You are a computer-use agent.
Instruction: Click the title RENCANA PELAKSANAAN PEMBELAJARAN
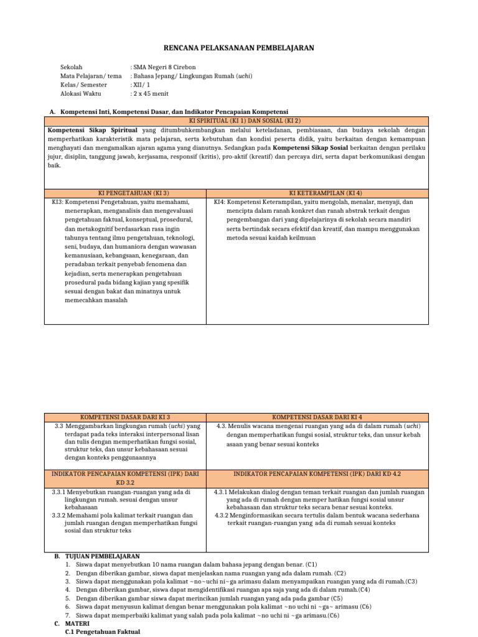click(239, 48)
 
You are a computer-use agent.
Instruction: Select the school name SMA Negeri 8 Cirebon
click(164, 67)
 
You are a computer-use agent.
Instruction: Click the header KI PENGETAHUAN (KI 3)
click(125, 193)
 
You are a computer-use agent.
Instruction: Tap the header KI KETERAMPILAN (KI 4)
click(317, 193)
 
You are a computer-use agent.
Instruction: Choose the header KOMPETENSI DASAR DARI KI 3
click(125, 417)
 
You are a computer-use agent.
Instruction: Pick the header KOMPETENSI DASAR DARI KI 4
click(317, 417)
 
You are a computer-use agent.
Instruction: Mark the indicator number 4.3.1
click(224, 491)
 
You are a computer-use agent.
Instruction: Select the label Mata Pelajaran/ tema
click(91, 76)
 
